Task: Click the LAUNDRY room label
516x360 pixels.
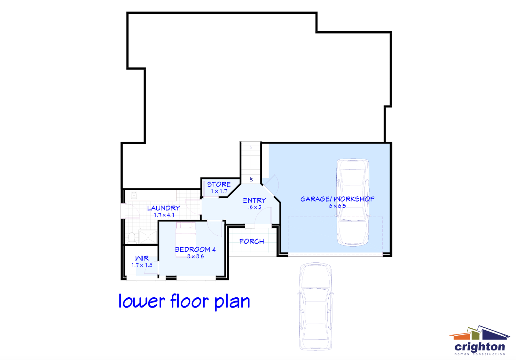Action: click(163, 208)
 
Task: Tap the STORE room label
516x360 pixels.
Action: click(219, 184)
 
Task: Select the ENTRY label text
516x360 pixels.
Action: click(254, 200)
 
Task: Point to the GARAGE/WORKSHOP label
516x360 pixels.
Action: click(337, 199)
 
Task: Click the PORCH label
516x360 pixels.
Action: click(252, 241)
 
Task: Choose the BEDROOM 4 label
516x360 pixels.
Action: click(195, 249)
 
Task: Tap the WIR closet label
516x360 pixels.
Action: click(142, 258)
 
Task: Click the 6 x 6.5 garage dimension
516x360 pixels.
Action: click(337, 206)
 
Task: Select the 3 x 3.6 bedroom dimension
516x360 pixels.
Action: click(195, 256)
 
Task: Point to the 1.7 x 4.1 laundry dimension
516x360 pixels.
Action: click(164, 215)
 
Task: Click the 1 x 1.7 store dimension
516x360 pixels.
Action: click(219, 192)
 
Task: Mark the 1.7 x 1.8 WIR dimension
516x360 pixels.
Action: click(142, 265)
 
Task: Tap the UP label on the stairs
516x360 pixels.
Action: click(251, 179)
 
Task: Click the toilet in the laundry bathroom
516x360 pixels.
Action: click(132, 237)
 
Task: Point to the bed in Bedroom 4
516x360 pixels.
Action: click(185, 235)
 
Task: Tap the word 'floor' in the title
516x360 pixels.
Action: click(190, 301)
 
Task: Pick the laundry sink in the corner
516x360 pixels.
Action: click(134, 195)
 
